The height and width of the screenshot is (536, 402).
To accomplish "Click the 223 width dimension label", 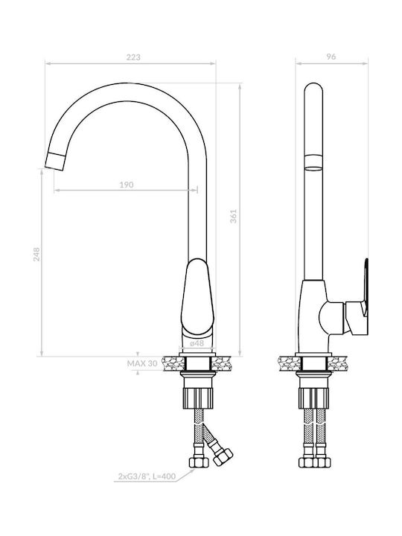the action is click(133, 57).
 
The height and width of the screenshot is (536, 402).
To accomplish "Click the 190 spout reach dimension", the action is click(127, 185).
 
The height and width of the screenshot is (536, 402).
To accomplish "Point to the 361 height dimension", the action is click(233, 216).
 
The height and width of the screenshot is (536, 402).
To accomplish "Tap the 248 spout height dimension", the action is click(36, 255).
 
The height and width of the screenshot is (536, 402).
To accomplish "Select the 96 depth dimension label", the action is click(331, 57).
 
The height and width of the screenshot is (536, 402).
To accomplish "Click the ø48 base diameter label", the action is click(197, 343).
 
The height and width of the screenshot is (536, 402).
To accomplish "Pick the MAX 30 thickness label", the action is click(142, 363).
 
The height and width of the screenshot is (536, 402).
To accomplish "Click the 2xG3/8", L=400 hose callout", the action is click(147, 476).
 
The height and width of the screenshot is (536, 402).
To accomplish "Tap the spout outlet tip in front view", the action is click(55, 162).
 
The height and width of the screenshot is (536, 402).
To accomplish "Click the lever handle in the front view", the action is click(197, 297).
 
